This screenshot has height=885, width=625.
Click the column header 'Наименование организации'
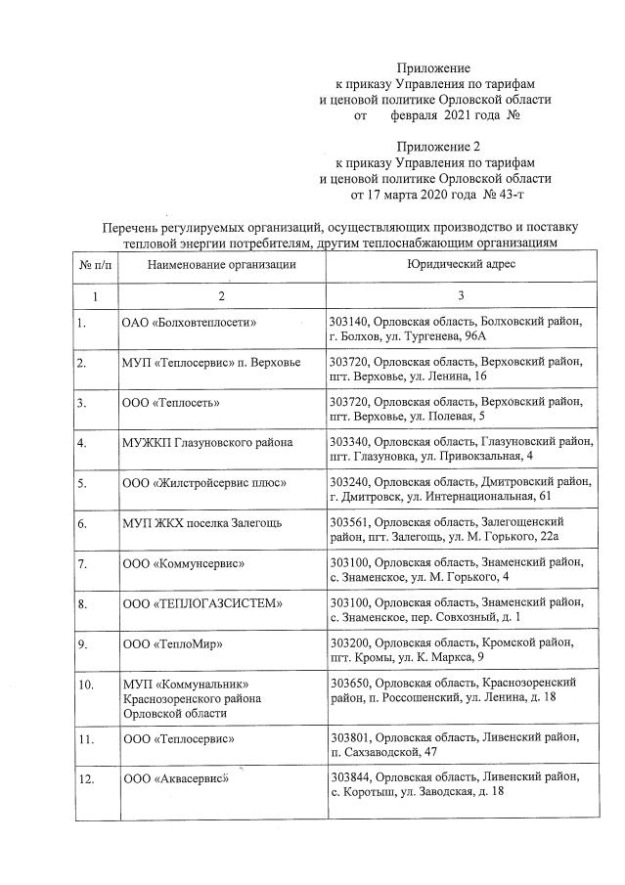pos(221,265)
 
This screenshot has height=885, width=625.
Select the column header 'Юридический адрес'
pos(460,265)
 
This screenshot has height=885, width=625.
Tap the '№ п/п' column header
pos(95,265)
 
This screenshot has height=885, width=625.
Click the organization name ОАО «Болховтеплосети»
pos(195,321)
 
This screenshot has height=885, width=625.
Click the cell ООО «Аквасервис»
pos(175,778)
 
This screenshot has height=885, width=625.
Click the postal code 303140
pos(350,321)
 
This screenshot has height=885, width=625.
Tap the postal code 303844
pos(350,776)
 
